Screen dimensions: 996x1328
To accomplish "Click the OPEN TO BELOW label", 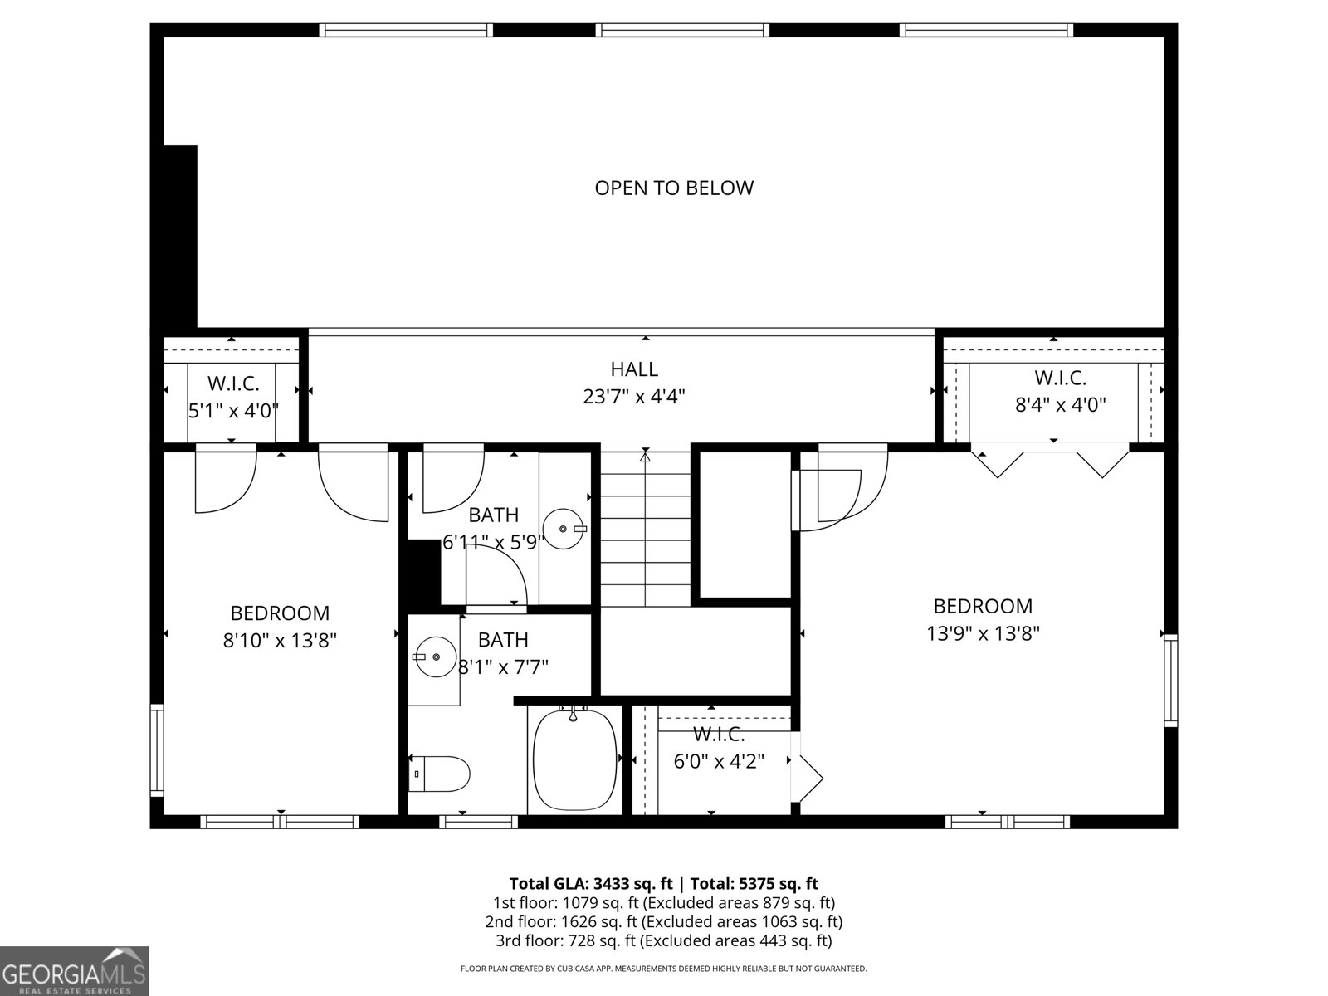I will tap(674, 188).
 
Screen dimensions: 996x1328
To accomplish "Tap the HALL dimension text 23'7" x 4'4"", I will tap(634, 397).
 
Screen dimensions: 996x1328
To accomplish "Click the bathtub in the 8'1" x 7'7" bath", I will tap(574, 759).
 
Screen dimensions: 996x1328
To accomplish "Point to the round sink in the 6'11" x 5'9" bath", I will tap(565, 529).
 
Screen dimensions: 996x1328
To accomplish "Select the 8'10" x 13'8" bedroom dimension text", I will tap(280, 641).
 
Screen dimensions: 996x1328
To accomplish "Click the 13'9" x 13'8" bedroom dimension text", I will tap(984, 634).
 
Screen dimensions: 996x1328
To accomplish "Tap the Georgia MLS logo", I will tap(74, 971).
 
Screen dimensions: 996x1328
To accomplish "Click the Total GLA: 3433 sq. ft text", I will tap(590, 883).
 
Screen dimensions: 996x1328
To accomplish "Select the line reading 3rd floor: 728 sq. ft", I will tap(664, 940).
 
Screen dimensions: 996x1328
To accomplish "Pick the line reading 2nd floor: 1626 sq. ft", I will tap(664, 921).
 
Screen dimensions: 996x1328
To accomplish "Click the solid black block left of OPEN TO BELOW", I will tap(180, 237).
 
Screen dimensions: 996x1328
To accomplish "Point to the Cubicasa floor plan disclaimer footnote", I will tap(664, 969).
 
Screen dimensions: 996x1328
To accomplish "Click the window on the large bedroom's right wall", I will tap(1170, 680).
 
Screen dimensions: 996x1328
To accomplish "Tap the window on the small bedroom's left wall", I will tap(156, 749).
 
